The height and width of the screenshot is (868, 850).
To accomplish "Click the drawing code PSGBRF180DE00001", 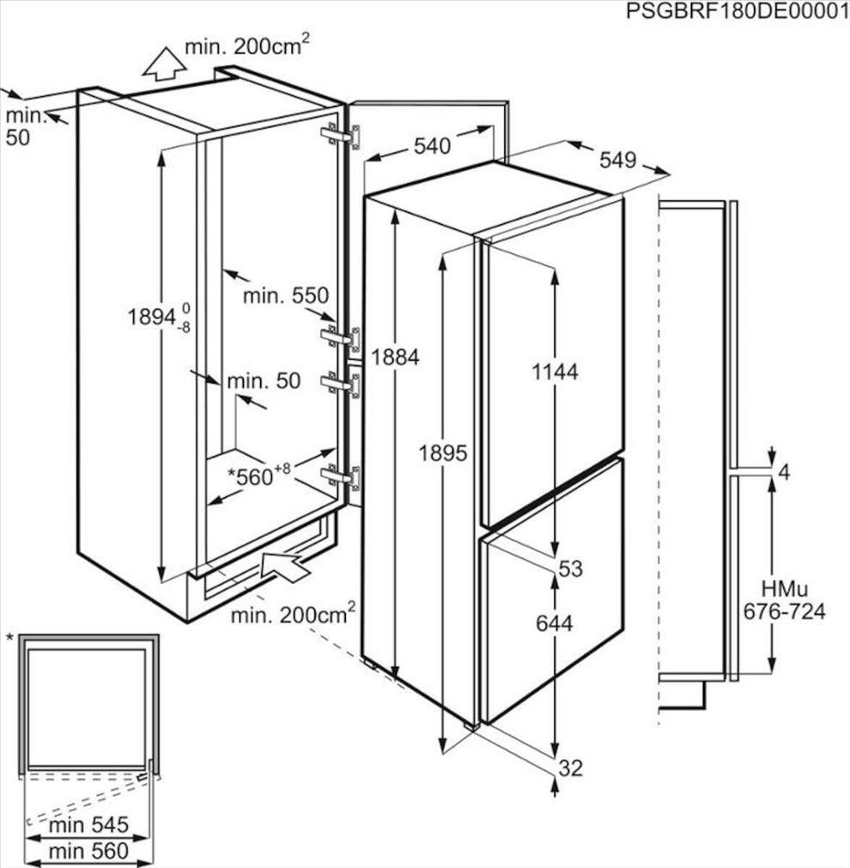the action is (738, 11).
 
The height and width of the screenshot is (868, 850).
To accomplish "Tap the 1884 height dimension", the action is (395, 358).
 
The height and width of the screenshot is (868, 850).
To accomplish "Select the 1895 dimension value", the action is (443, 453).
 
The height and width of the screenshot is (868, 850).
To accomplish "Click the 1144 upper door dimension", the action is (555, 372).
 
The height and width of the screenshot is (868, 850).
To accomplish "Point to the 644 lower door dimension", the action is (555, 624).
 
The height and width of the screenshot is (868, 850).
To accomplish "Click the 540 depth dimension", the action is (433, 147).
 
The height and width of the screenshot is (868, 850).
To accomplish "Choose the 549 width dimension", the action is (618, 161).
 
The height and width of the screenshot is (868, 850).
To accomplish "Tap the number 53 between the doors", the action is (571, 568).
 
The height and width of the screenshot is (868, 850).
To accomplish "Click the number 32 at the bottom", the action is (571, 768).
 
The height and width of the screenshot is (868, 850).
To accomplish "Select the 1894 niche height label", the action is (159, 318).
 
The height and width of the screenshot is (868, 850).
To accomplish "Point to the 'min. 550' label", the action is (286, 296).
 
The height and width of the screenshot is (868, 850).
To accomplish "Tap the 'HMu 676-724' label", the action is (784, 600).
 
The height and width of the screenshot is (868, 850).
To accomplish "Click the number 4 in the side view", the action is (784, 473).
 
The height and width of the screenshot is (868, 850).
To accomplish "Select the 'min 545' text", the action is (88, 825).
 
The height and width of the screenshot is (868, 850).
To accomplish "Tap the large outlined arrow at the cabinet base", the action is (285, 566).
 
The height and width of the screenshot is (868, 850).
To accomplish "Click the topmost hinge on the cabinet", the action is (341, 137).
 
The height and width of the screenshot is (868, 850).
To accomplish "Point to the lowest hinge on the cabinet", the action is (341, 477).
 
